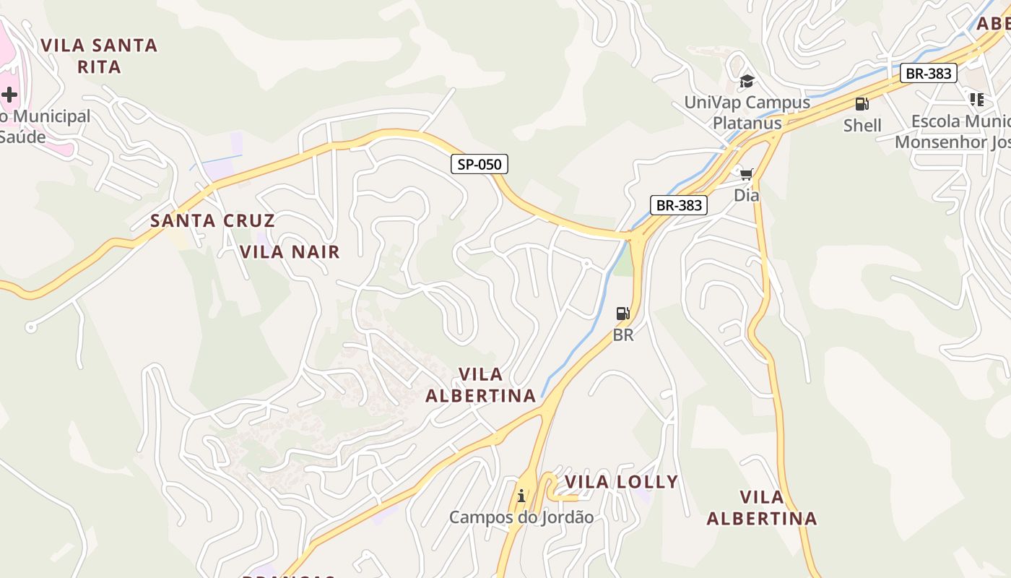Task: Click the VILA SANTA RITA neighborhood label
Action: tap(99, 56)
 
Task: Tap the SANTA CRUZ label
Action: tap(212, 220)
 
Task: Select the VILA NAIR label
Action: tap(290, 251)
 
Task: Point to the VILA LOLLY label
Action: tap(621, 482)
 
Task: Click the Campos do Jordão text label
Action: tap(521, 517)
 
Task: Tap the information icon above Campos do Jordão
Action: tap(521, 496)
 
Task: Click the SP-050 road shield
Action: tap(480, 164)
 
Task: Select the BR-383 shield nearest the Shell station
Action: tap(929, 73)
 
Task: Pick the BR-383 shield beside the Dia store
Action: tap(679, 205)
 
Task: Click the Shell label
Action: tap(862, 125)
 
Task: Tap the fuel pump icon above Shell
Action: tap(862, 104)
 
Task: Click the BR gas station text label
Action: tap(623, 335)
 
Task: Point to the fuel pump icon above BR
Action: tap(622, 314)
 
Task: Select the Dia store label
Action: tap(747, 195)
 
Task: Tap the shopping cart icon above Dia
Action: tap(747, 174)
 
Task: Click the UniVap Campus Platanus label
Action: tap(747, 112)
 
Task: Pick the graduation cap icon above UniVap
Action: tap(747, 81)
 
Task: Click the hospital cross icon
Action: tap(9, 94)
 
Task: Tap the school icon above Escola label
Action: tap(977, 100)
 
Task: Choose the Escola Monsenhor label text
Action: tap(953, 131)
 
